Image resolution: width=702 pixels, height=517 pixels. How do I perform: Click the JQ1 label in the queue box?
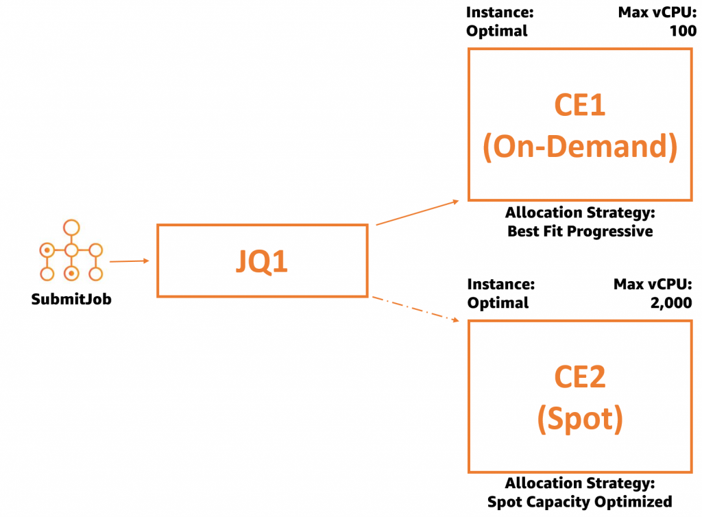pyautogui.click(x=262, y=261)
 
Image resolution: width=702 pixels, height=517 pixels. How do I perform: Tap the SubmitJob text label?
pyautogui.click(x=71, y=299)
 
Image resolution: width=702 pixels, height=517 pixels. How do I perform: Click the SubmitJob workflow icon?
pyautogui.click(x=71, y=252)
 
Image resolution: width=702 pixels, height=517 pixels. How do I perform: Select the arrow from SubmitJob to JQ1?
pyautogui.click(x=129, y=261)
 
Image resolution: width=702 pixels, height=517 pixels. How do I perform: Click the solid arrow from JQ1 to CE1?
pyautogui.click(x=417, y=213)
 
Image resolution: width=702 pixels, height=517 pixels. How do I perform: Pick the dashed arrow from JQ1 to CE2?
pyautogui.click(x=415, y=308)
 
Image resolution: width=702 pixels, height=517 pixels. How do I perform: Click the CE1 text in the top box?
pyautogui.click(x=580, y=106)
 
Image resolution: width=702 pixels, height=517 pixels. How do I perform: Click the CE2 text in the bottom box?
pyautogui.click(x=580, y=378)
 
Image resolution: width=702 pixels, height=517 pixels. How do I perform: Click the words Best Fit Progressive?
pyautogui.click(x=580, y=231)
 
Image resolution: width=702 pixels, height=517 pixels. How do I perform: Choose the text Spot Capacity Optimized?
pyautogui.click(x=580, y=501)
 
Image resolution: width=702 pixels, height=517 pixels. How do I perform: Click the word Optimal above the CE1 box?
pyautogui.click(x=497, y=31)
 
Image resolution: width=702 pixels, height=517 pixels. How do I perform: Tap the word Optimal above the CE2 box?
pyautogui.click(x=498, y=302)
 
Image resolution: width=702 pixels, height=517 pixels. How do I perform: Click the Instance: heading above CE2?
pyautogui.click(x=500, y=284)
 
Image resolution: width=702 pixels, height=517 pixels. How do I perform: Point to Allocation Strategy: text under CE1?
pyautogui.click(x=580, y=213)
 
